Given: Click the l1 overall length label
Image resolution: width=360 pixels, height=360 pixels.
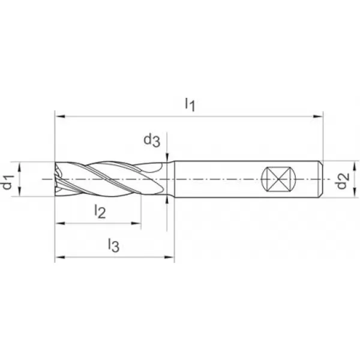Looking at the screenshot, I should [190, 104].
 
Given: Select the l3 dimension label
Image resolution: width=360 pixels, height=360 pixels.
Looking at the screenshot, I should [113, 244].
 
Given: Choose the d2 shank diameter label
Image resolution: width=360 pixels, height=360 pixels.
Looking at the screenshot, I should [342, 179].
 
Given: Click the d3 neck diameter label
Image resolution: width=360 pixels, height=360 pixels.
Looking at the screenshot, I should [151, 141].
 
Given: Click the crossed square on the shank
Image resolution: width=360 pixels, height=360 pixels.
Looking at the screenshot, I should [277, 179].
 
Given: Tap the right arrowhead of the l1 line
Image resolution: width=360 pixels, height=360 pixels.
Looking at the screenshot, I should [320, 113].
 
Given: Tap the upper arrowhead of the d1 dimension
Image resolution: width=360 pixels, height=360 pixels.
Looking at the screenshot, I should [20, 166].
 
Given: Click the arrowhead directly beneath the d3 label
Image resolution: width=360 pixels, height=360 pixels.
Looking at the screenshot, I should [167, 157].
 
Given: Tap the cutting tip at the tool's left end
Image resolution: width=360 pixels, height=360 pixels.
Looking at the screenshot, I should [58, 179].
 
